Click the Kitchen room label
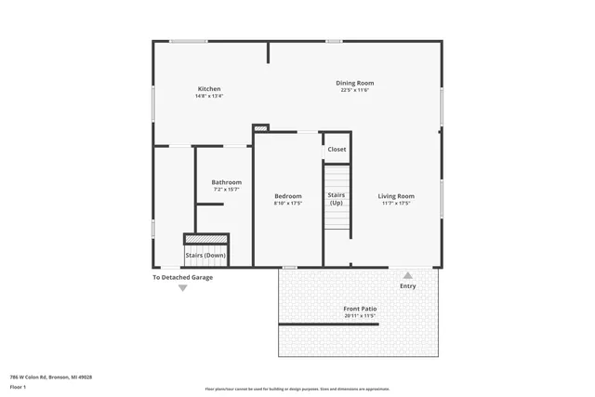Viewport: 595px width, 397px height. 208,88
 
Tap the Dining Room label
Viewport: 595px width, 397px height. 355,83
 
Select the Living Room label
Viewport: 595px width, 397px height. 395,196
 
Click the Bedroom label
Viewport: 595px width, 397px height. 288,196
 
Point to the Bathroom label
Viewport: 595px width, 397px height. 226,182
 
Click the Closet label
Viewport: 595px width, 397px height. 337,149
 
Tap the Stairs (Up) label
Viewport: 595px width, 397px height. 337,198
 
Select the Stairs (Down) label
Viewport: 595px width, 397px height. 206,255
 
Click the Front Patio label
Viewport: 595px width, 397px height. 359,309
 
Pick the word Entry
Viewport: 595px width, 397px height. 408,286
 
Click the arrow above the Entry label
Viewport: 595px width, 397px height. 407,275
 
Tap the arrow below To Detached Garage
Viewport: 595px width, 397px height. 182,288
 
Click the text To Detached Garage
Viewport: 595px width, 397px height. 182,277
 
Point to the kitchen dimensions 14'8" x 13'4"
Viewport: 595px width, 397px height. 208,96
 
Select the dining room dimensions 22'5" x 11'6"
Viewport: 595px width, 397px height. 355,90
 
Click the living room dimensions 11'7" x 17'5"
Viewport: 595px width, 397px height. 395,204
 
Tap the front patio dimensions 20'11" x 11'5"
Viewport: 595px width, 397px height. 359,316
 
